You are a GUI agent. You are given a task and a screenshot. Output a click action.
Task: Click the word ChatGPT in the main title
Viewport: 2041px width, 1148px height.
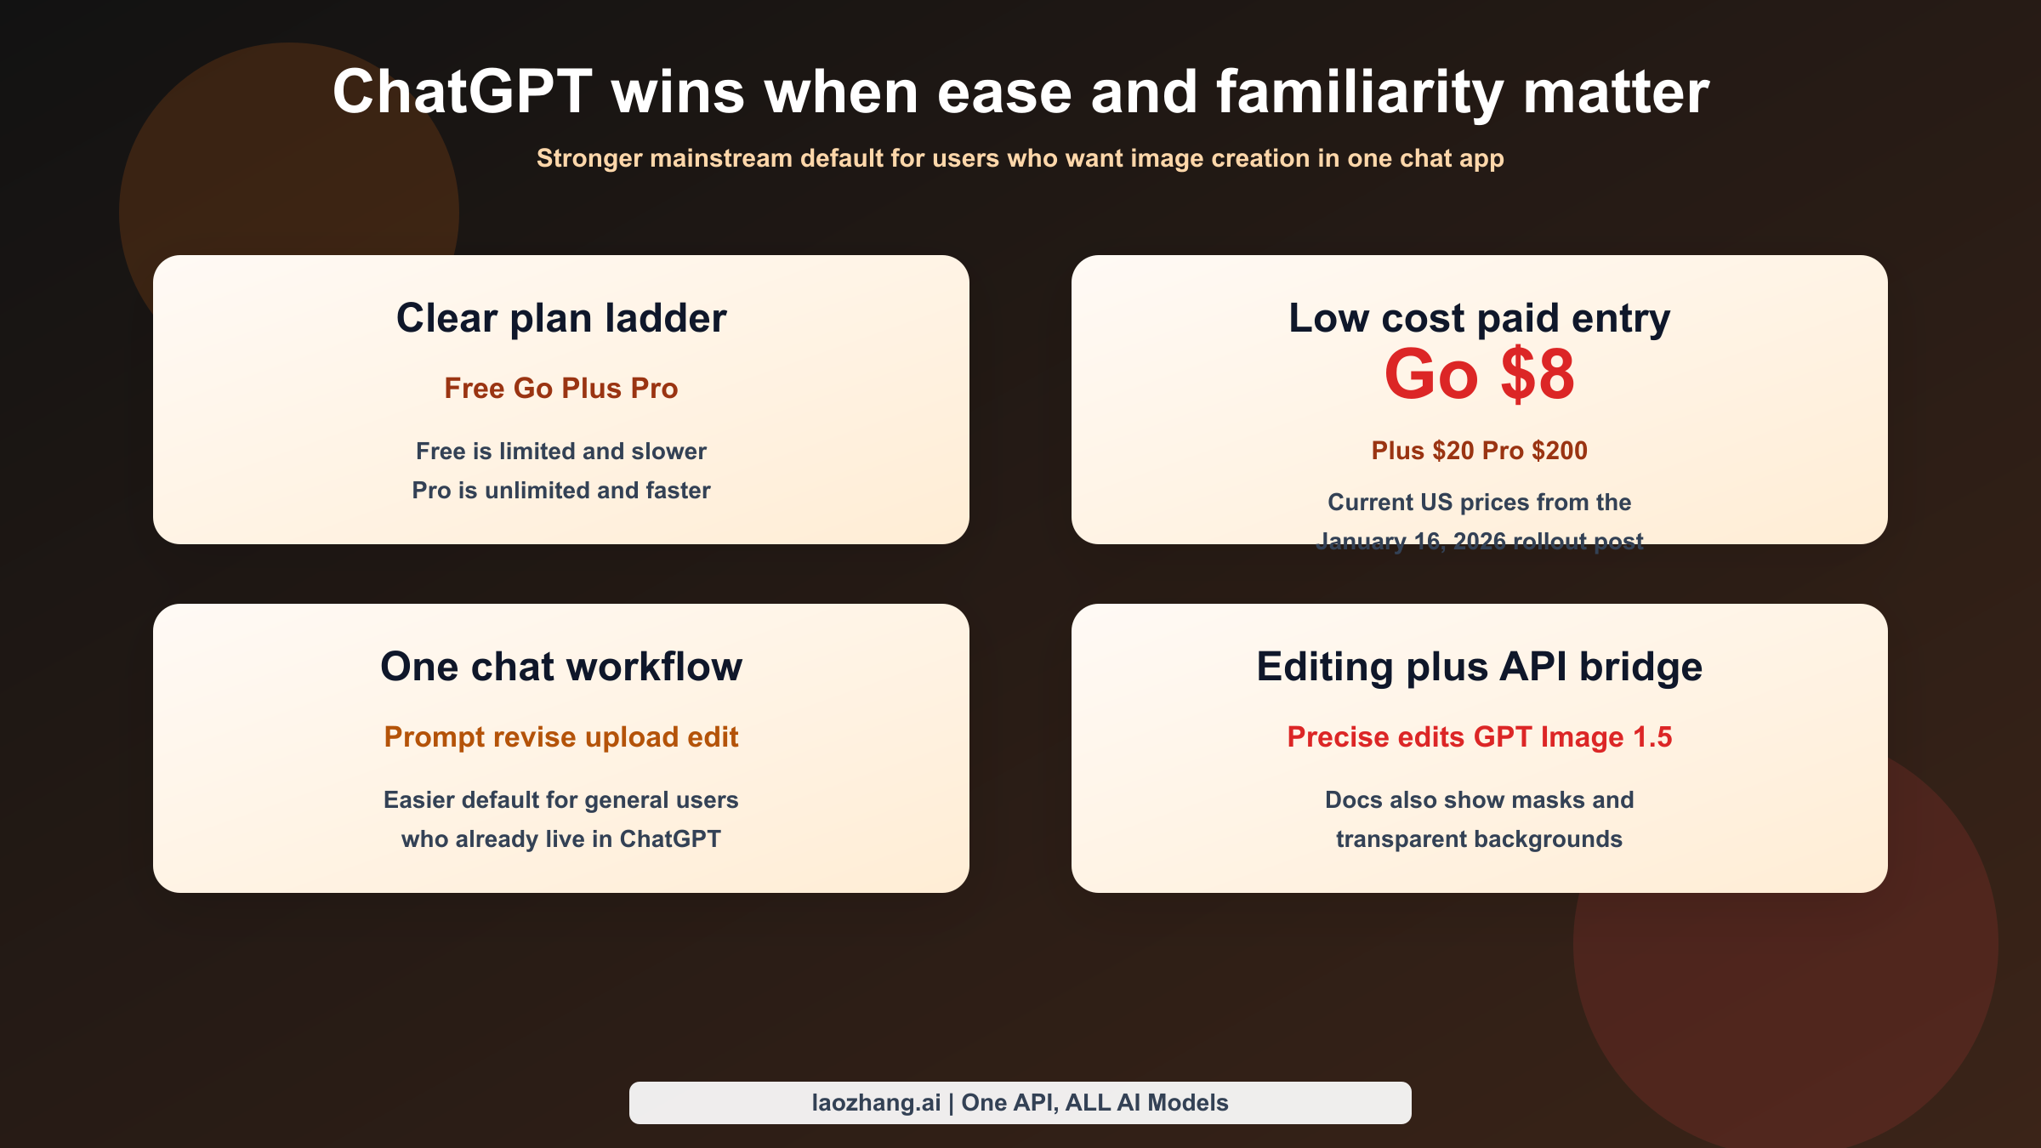462,92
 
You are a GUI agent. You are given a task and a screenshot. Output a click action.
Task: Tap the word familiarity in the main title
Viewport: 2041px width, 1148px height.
1360,92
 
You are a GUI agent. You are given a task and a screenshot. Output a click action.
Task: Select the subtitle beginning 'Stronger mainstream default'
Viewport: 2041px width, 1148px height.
1020,158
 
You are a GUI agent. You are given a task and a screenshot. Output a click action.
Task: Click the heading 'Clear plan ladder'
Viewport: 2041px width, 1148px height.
561,318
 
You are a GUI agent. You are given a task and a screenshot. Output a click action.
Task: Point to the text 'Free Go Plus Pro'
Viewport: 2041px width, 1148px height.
561,388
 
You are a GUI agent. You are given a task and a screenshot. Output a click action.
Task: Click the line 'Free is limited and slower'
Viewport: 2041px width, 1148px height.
561,451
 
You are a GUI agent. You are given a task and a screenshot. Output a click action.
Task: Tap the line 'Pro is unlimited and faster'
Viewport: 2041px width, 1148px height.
561,490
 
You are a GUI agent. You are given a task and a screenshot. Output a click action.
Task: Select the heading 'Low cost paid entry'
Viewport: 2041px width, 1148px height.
1479,318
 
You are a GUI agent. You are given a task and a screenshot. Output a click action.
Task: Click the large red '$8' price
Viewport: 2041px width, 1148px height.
1538,374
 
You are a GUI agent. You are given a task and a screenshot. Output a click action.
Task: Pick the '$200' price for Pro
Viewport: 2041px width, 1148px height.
1560,450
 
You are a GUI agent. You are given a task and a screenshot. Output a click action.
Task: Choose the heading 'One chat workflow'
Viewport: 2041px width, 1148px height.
561,667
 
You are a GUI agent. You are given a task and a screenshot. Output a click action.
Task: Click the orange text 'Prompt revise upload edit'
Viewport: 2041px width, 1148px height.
561,736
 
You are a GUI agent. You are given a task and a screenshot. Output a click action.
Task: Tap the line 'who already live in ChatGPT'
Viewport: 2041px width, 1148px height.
561,838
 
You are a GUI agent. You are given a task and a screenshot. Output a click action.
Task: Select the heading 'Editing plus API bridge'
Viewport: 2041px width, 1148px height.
1479,667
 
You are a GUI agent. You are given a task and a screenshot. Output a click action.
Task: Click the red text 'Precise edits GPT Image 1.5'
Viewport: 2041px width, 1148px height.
1479,736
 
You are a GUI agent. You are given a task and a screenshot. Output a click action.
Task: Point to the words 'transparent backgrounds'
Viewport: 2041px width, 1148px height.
1479,838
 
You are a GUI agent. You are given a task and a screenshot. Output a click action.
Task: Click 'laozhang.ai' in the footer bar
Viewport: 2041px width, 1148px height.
876,1103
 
